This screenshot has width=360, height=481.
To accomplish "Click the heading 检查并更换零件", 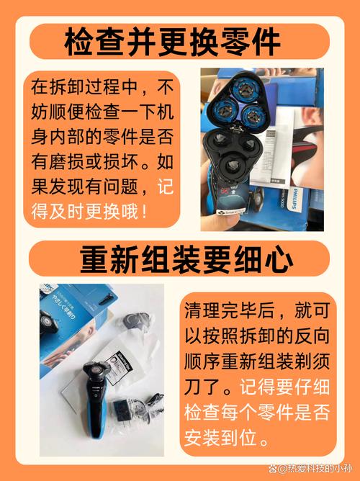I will click(180, 42).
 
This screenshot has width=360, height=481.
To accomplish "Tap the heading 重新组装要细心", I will click(180, 258).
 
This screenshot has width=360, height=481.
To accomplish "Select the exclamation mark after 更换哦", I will click(146, 212).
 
